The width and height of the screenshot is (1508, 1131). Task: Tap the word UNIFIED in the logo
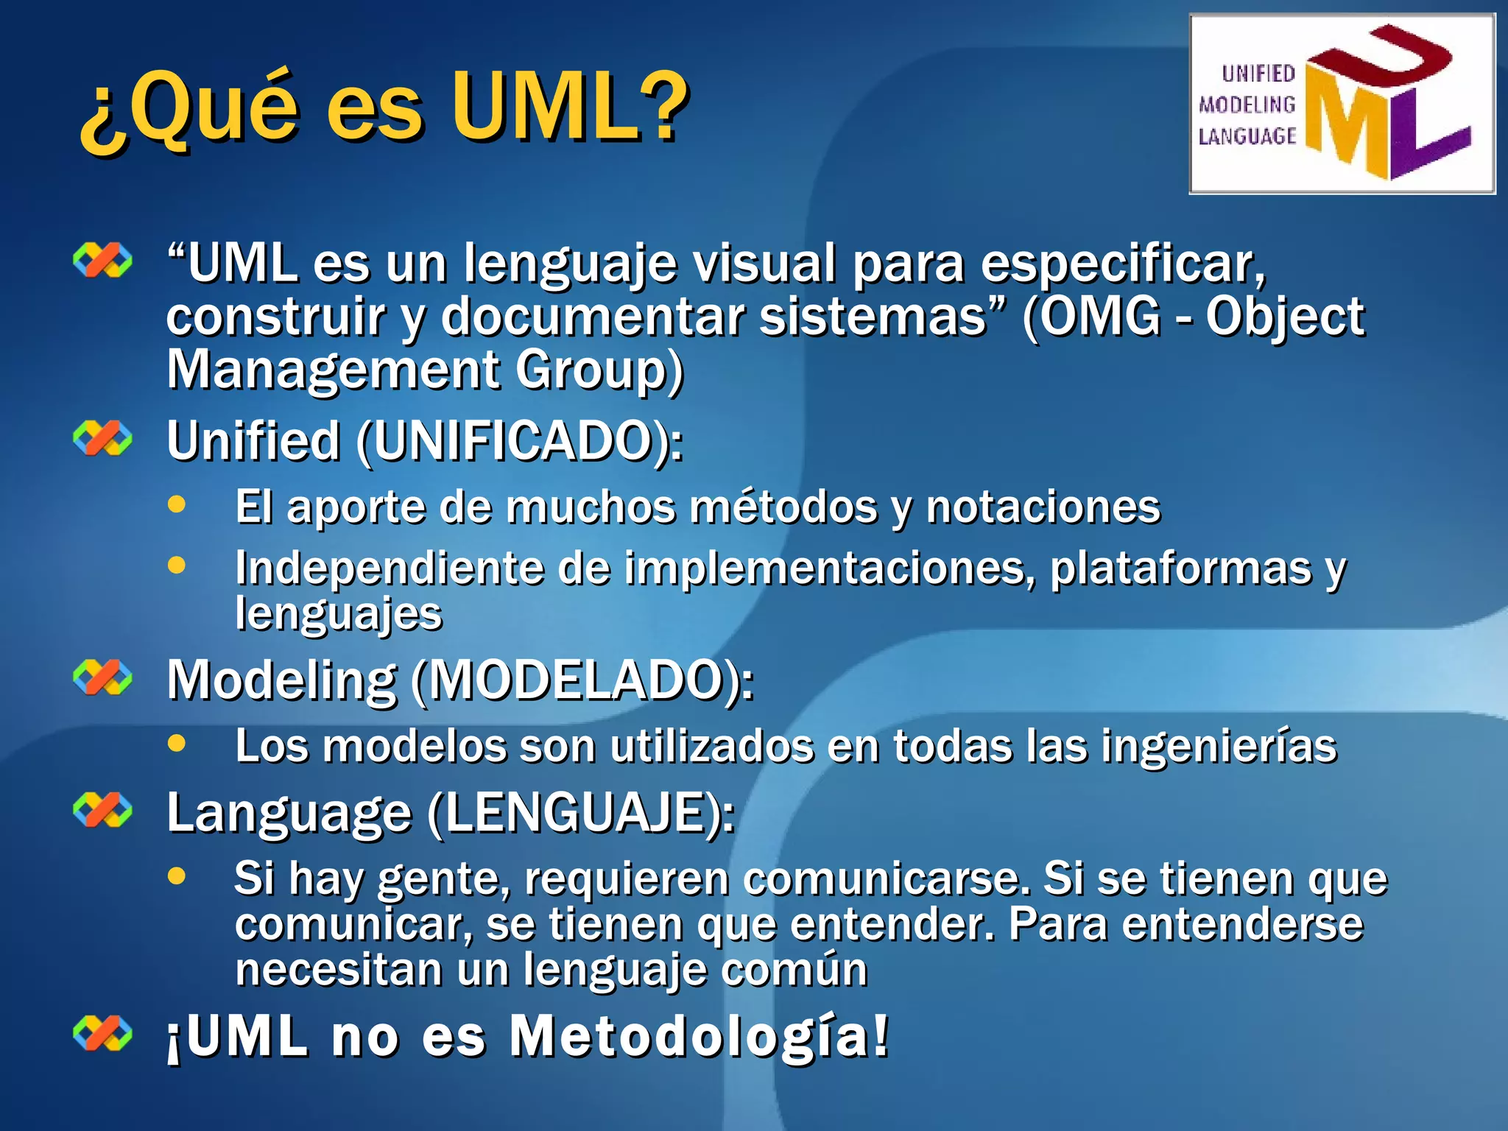pos(1258,74)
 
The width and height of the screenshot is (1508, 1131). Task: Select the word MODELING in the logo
pos(1247,105)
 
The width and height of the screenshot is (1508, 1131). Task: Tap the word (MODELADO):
pos(582,680)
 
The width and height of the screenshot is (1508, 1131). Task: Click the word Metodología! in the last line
pos(700,1036)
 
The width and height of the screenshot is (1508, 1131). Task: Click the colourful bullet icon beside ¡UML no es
pos(103,1032)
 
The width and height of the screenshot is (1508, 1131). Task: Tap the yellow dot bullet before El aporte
pos(177,505)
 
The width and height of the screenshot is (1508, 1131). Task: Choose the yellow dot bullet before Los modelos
pos(177,744)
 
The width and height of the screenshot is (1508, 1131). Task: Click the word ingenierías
pos(1219,747)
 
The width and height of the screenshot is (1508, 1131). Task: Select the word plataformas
pos(1180,569)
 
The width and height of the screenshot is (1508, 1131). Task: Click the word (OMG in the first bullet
pos(1091,317)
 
